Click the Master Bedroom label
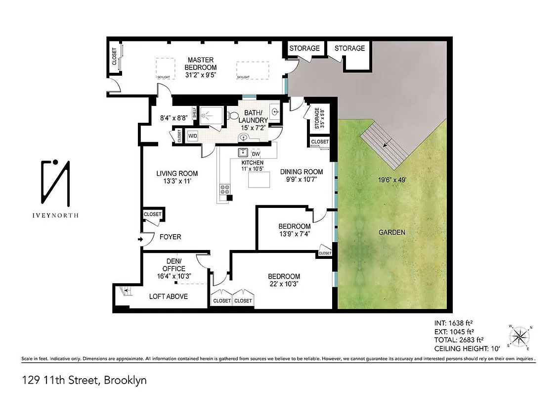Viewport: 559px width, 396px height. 200,63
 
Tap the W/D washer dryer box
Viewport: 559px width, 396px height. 192,136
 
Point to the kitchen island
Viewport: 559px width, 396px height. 258,182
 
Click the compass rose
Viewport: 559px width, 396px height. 519,337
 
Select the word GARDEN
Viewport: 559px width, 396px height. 391,232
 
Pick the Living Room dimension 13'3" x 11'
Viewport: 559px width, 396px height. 177,182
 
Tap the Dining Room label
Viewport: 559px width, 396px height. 301,172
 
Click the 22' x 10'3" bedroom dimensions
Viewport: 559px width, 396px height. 284,285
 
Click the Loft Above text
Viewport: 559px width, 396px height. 169,297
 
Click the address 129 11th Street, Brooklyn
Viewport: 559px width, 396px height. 84,381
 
